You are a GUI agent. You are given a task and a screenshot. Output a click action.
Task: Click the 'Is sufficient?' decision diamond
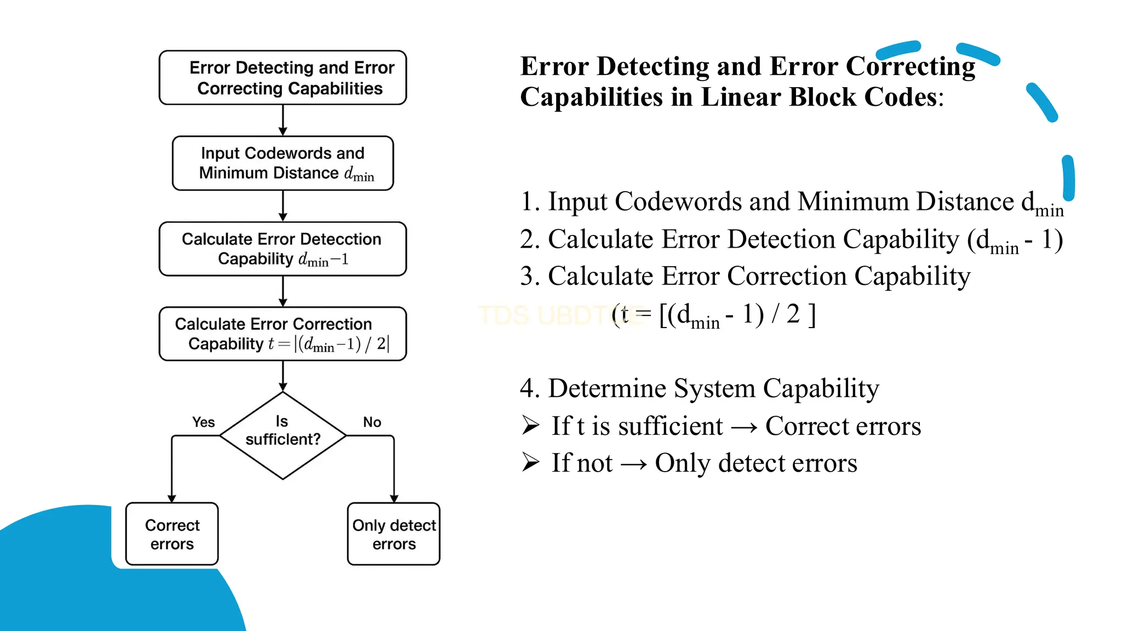pyautogui.click(x=283, y=435)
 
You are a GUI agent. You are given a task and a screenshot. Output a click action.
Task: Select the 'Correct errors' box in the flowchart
pyautogui.click(x=172, y=534)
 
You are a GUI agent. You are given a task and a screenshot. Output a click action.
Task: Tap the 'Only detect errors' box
pyautogui.click(x=394, y=534)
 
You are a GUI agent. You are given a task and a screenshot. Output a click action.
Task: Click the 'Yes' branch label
pyautogui.click(x=203, y=422)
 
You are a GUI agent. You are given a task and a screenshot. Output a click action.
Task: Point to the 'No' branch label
pyautogui.click(x=372, y=422)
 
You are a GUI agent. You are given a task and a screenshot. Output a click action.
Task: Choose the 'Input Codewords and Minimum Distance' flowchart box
pyautogui.click(x=283, y=163)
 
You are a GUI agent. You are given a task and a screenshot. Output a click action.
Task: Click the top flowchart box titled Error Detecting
pyautogui.click(x=283, y=78)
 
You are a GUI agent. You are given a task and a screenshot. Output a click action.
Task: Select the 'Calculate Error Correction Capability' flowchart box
pyautogui.click(x=283, y=334)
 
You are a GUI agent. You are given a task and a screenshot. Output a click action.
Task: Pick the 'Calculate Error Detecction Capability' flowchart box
pyautogui.click(x=283, y=249)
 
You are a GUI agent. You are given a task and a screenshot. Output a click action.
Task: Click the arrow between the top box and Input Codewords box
pyautogui.click(x=283, y=120)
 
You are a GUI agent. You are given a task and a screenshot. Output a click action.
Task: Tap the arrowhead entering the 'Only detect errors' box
pyautogui.click(x=394, y=498)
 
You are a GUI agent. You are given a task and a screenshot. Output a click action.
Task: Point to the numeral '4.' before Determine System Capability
pyautogui.click(x=530, y=388)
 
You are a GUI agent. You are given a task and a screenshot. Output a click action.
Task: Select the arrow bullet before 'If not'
pyautogui.click(x=530, y=462)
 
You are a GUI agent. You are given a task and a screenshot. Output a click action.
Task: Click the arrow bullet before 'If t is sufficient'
pyautogui.click(x=530, y=425)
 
